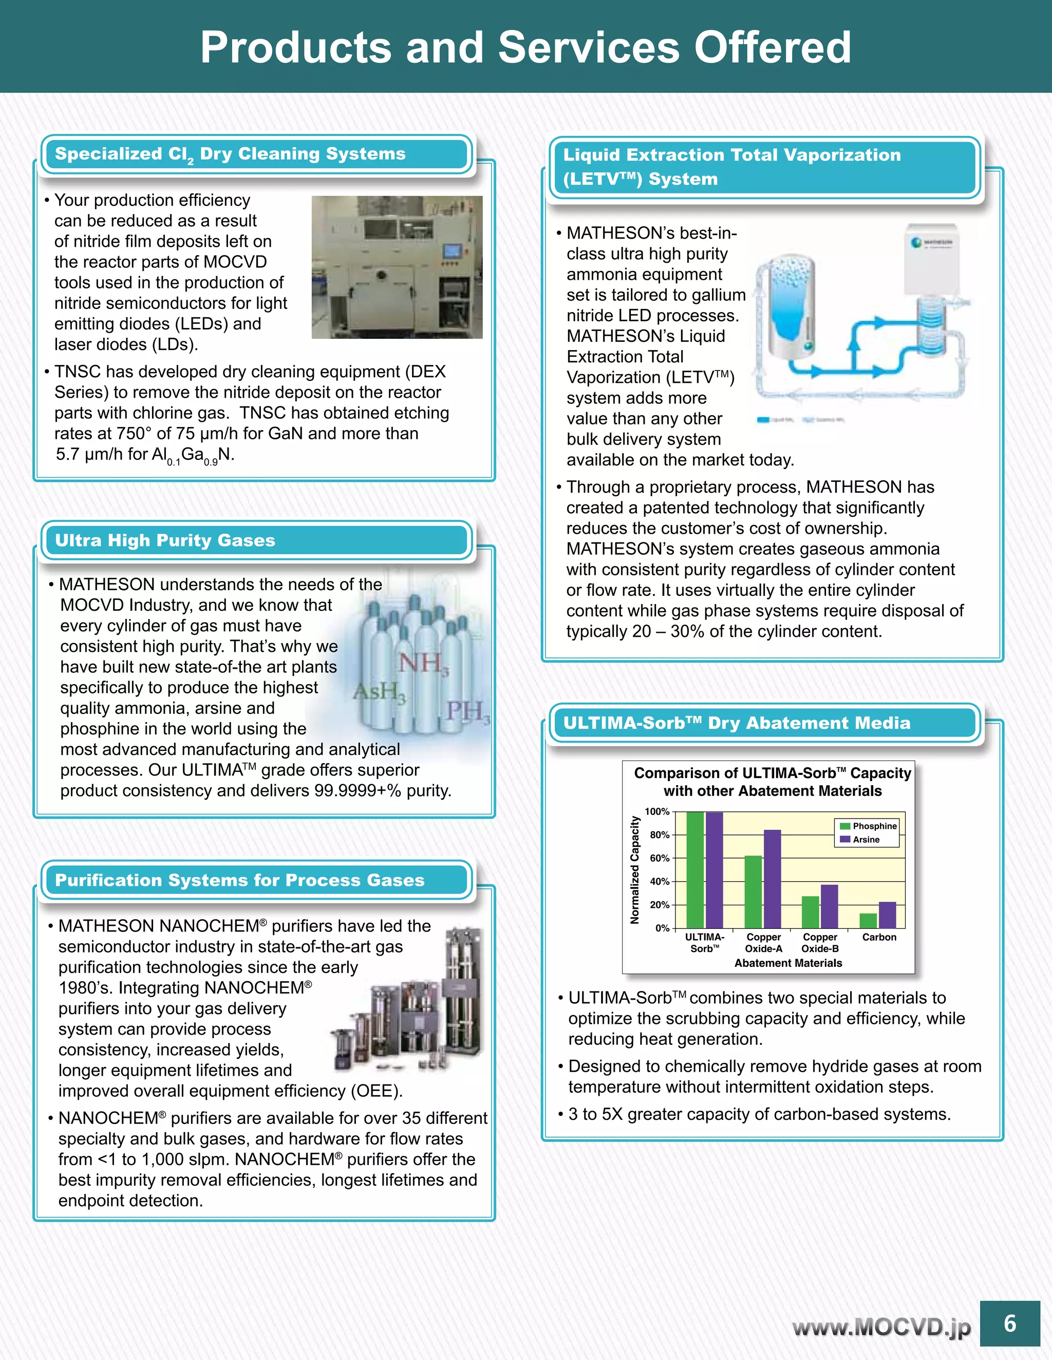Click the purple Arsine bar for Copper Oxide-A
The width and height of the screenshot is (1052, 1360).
(772, 879)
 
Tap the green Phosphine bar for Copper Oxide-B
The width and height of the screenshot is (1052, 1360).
(810, 912)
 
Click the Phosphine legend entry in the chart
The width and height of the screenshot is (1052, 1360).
(868, 826)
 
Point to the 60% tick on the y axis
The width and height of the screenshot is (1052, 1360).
(660, 858)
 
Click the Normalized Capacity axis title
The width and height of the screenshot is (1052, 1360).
(634, 870)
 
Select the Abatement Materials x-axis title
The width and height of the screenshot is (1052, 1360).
(788, 963)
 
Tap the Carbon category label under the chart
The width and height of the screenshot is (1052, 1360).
(879, 937)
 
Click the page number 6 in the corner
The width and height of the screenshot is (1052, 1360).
(1009, 1323)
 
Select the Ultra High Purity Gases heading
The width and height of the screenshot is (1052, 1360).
(165, 540)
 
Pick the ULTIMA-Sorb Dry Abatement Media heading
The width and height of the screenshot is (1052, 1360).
(737, 723)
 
